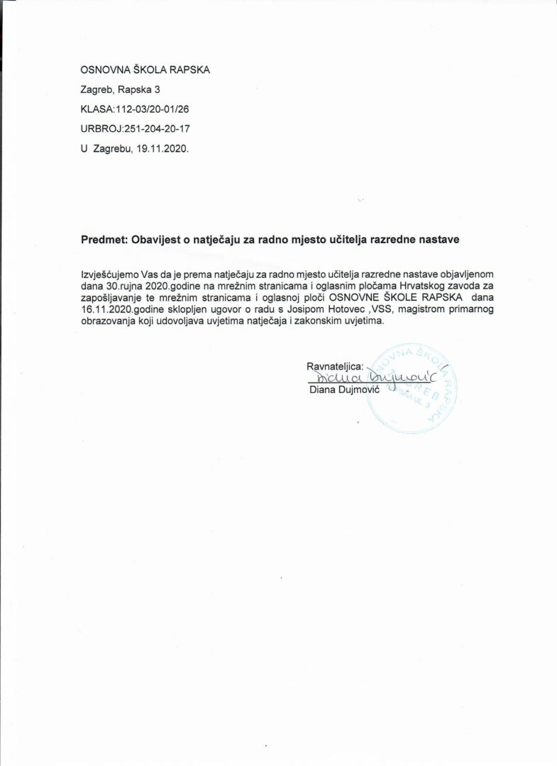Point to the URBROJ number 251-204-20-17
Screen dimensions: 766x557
pyautogui.click(x=157, y=129)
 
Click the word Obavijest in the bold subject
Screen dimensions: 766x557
pyautogui.click(x=153, y=240)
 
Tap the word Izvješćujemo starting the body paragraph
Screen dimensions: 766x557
pyautogui.click(x=103, y=273)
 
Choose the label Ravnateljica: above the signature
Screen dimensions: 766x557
pyautogui.click(x=334, y=367)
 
